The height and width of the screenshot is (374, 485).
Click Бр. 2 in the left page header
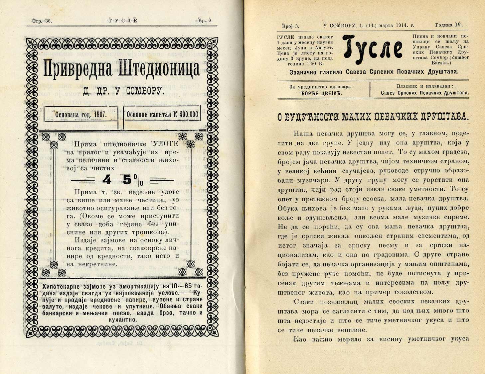coord(206,21)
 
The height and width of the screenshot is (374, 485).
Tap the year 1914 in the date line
coord(403,25)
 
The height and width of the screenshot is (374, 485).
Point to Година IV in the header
coord(449,25)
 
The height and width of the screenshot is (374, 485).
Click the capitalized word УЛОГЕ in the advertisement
coord(163,144)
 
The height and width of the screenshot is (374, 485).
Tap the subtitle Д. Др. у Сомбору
coord(122,91)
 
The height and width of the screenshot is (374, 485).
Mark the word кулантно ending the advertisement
coord(122,320)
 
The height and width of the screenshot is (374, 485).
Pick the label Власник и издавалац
coord(425,86)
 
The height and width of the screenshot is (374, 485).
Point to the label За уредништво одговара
coord(322,86)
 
